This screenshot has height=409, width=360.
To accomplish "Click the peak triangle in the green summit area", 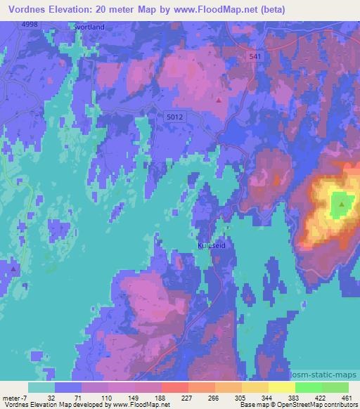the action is (342, 204).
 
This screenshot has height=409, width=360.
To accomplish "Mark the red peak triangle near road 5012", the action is (219, 100).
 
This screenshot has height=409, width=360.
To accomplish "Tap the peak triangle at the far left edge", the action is (13, 267).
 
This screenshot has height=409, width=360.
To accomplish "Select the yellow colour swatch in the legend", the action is (281, 387).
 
